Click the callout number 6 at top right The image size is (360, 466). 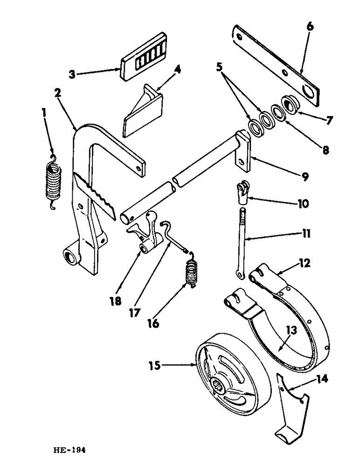click(310, 27)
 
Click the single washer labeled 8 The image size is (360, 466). click(278, 113)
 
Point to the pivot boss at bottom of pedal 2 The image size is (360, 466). click(70, 256)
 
